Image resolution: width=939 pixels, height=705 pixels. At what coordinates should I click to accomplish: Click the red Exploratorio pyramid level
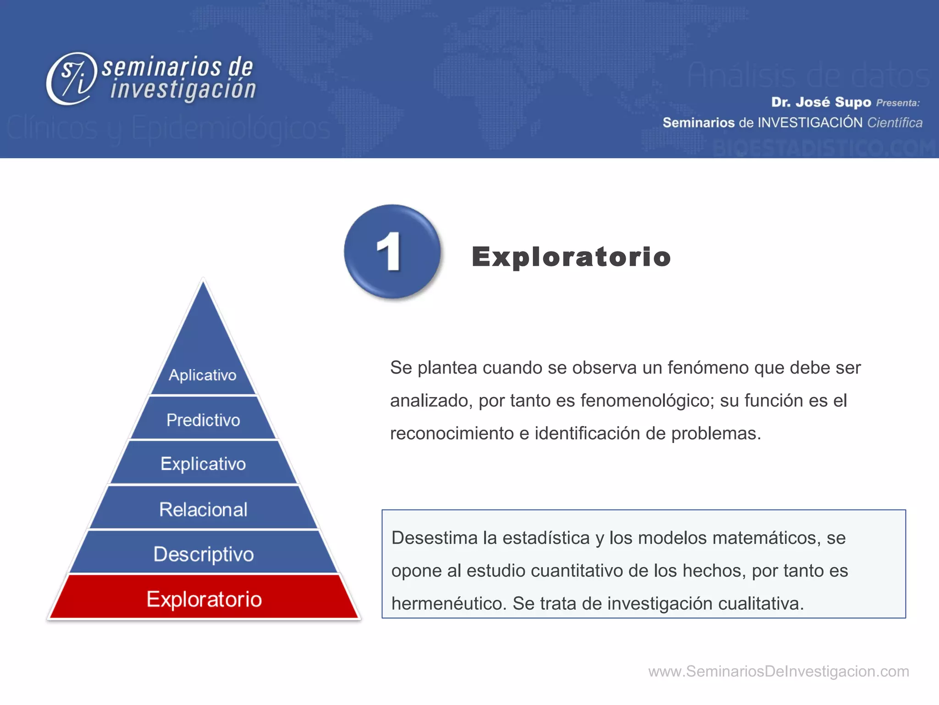click(x=204, y=599)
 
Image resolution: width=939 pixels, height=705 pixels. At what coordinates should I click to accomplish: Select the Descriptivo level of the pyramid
click(x=204, y=554)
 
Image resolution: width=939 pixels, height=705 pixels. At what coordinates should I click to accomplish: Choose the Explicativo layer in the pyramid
click(x=203, y=464)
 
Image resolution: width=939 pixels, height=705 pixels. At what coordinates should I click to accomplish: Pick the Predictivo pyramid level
click(x=203, y=420)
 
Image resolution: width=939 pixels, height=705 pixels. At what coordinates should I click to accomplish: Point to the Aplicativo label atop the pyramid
click(x=203, y=375)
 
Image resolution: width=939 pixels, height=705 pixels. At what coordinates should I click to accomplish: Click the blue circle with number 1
click(x=392, y=252)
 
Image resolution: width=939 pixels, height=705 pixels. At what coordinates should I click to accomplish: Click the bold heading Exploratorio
click(x=571, y=257)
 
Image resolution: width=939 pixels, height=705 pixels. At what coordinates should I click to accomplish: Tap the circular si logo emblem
click(x=72, y=78)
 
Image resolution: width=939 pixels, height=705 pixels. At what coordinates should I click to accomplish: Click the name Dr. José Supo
click(x=821, y=102)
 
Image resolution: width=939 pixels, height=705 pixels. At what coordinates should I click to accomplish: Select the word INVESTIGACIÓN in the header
click(x=810, y=123)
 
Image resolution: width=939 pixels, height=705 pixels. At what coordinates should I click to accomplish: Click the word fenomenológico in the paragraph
click(x=647, y=401)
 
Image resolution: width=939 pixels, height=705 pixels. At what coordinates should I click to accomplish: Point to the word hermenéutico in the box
click(x=448, y=604)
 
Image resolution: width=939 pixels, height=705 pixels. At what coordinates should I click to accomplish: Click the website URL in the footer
click(x=778, y=671)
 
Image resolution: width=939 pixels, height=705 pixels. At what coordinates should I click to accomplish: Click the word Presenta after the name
click(x=897, y=103)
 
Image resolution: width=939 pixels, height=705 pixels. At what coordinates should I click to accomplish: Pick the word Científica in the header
click(x=895, y=123)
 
